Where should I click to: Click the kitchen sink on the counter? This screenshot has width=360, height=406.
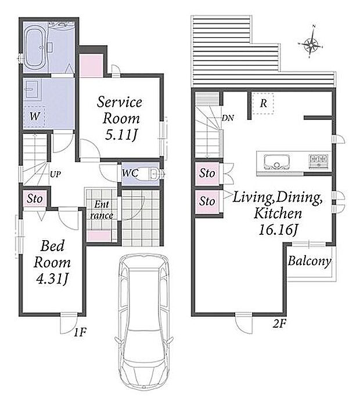(x=276, y=162)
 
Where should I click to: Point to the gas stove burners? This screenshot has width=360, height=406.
(x=319, y=160)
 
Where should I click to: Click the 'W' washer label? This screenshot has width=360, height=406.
(x=34, y=116)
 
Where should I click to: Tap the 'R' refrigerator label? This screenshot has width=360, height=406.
(x=264, y=103)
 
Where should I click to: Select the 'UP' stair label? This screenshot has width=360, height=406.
(x=56, y=174)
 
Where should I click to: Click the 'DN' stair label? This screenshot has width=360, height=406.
(x=228, y=118)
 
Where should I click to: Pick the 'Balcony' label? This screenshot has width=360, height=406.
(x=309, y=261)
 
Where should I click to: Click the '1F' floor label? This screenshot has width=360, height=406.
(x=80, y=332)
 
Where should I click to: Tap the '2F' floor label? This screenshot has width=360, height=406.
(x=279, y=324)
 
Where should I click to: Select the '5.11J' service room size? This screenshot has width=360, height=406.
(x=121, y=135)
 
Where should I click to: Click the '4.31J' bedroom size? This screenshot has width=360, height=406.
(x=52, y=279)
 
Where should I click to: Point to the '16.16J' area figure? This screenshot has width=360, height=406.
(x=278, y=230)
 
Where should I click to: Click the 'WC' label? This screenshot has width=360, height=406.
(x=130, y=173)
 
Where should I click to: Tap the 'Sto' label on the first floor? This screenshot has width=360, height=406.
(x=35, y=199)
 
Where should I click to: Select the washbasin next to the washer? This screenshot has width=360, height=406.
(x=33, y=89)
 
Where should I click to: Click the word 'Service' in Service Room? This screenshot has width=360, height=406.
(x=120, y=102)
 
